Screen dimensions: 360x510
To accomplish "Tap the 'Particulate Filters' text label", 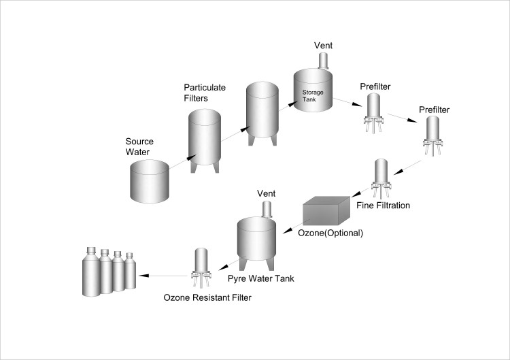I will click(205, 93).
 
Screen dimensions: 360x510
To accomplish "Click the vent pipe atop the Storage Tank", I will click(323, 61).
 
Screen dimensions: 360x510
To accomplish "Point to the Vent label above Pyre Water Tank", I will click(265, 194).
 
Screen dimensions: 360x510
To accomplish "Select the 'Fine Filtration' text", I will click(384, 205).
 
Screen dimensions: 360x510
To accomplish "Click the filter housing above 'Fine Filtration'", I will click(382, 174).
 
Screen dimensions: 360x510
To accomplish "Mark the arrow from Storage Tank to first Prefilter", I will click(348, 102).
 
